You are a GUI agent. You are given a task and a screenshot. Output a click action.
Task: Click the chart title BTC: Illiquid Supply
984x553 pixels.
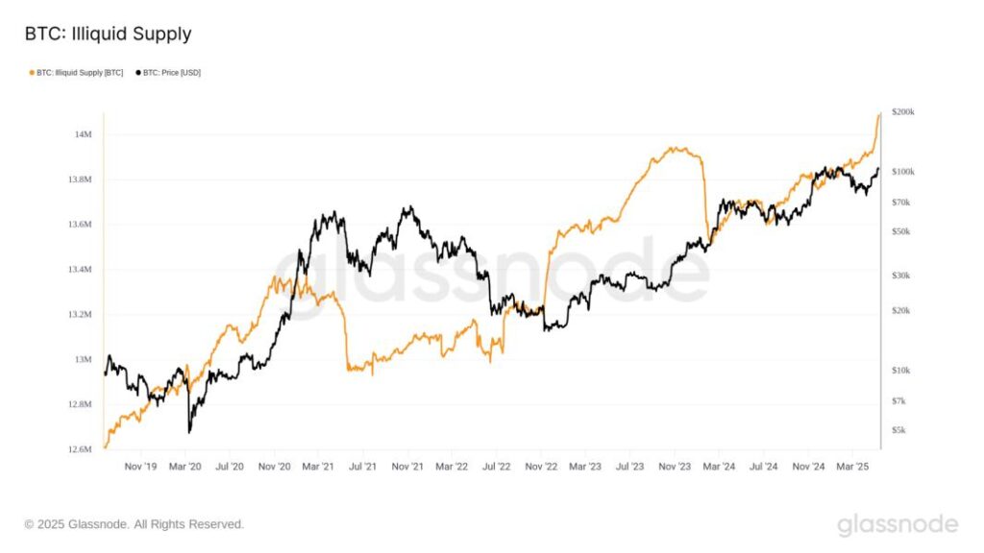click(108, 35)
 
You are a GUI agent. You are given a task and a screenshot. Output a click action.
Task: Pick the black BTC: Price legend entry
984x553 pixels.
click(171, 73)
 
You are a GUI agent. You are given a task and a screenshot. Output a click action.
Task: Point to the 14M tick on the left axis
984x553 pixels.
click(83, 134)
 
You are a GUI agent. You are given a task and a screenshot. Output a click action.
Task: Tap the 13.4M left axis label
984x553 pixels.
click(80, 270)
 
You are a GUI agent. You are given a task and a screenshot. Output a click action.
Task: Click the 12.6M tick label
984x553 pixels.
click(80, 449)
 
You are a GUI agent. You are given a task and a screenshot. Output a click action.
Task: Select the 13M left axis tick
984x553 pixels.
click(83, 360)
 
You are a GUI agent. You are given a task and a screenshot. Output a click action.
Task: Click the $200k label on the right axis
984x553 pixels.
click(902, 112)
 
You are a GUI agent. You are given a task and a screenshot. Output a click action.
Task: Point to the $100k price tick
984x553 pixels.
click(902, 172)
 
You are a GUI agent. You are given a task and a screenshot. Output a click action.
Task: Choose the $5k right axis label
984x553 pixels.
click(898, 430)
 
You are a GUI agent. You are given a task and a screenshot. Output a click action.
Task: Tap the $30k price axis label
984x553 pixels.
click(900, 276)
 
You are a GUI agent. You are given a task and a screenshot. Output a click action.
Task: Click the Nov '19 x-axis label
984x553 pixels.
click(140, 467)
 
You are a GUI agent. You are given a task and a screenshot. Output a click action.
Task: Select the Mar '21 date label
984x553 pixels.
click(318, 467)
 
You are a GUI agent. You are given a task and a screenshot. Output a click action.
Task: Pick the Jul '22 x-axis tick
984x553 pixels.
click(496, 467)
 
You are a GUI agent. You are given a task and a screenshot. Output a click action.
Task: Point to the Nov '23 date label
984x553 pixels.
click(675, 467)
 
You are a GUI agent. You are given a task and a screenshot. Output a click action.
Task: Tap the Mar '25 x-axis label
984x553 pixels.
click(852, 467)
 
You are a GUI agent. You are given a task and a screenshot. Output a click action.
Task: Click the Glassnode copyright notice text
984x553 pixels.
click(135, 524)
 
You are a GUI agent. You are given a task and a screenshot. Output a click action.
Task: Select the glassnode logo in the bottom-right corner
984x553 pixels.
click(898, 524)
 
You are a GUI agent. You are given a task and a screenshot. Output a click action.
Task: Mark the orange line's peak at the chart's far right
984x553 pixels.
click(878, 114)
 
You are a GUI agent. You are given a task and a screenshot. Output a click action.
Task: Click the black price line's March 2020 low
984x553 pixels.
click(189, 431)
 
